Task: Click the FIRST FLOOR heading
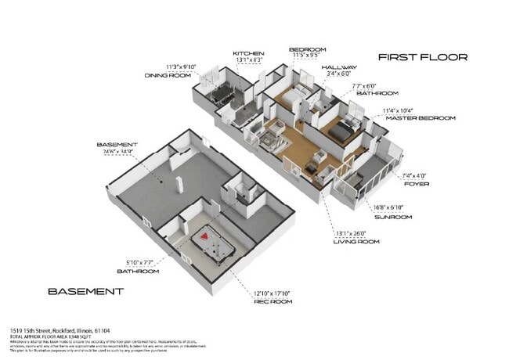pos(422,57)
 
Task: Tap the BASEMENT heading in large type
pos(85,291)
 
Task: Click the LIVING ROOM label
pos(357,242)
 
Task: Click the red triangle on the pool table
pos(205,233)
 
